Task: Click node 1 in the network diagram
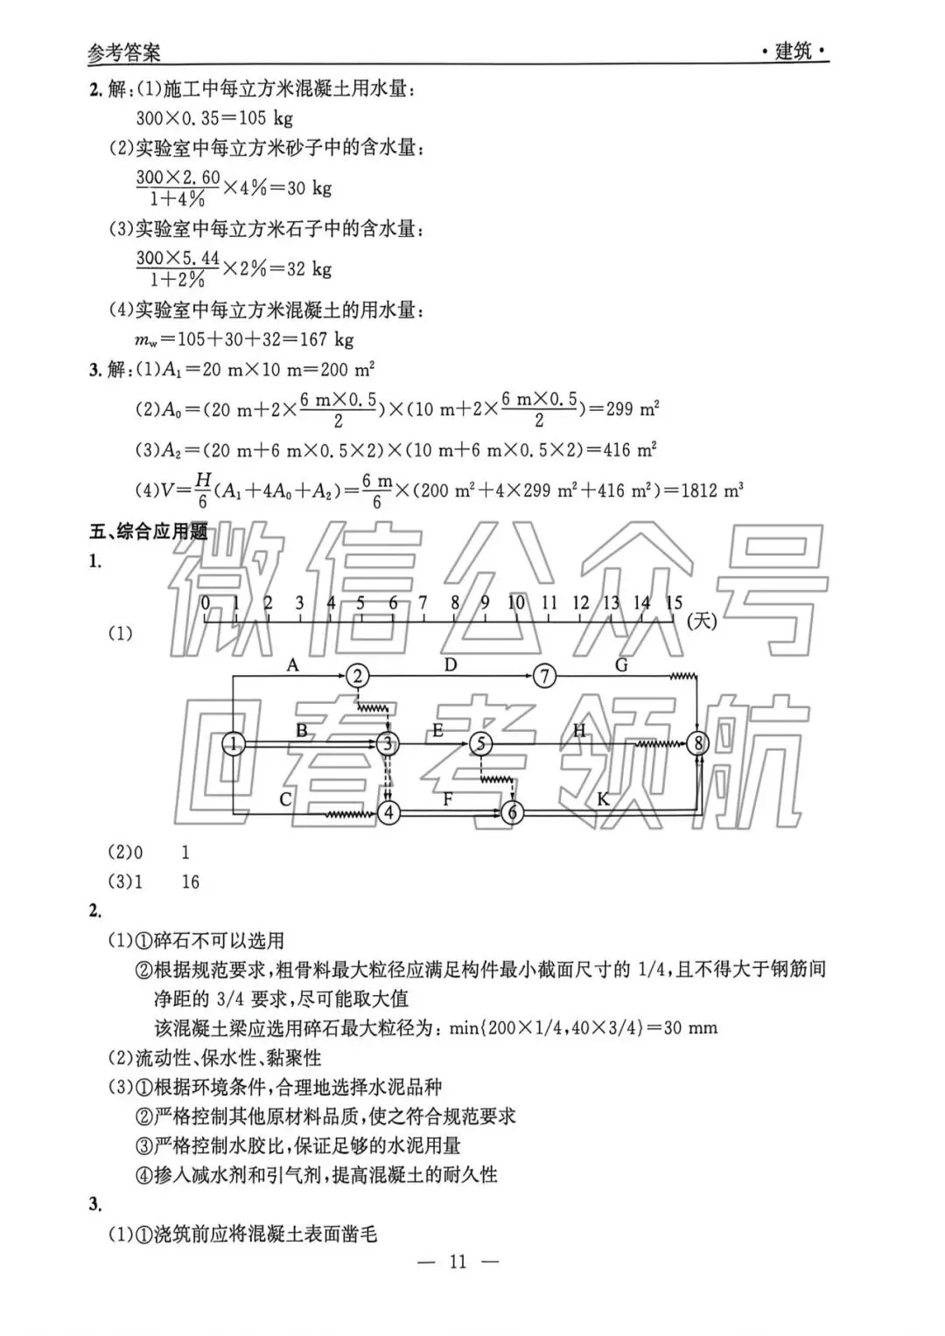(234, 744)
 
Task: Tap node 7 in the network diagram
(544, 676)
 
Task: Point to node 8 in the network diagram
(697, 744)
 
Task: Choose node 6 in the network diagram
(513, 813)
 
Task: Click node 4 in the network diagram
(388, 813)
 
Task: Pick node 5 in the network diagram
(481, 744)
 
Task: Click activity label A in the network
(293, 665)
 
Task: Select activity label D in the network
(450, 665)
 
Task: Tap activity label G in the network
(621, 665)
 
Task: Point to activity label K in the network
(603, 798)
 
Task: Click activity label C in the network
(285, 798)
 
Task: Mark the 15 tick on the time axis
(674, 603)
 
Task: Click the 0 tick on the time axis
(206, 603)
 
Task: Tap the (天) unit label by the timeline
(702, 621)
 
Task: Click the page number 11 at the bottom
(458, 1261)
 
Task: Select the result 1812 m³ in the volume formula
(711, 491)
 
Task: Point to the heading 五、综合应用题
(149, 531)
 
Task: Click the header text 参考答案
(124, 52)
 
